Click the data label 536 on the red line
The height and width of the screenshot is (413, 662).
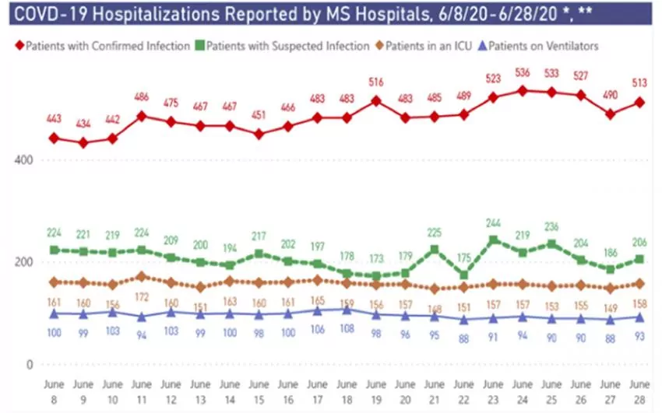522,73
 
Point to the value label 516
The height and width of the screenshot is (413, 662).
376,82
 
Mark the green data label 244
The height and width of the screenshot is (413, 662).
493,222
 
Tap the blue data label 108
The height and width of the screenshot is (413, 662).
347,328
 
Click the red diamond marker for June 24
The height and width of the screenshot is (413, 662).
523,90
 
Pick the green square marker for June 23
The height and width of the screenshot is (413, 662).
493,240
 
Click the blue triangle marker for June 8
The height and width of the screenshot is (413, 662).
54,313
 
